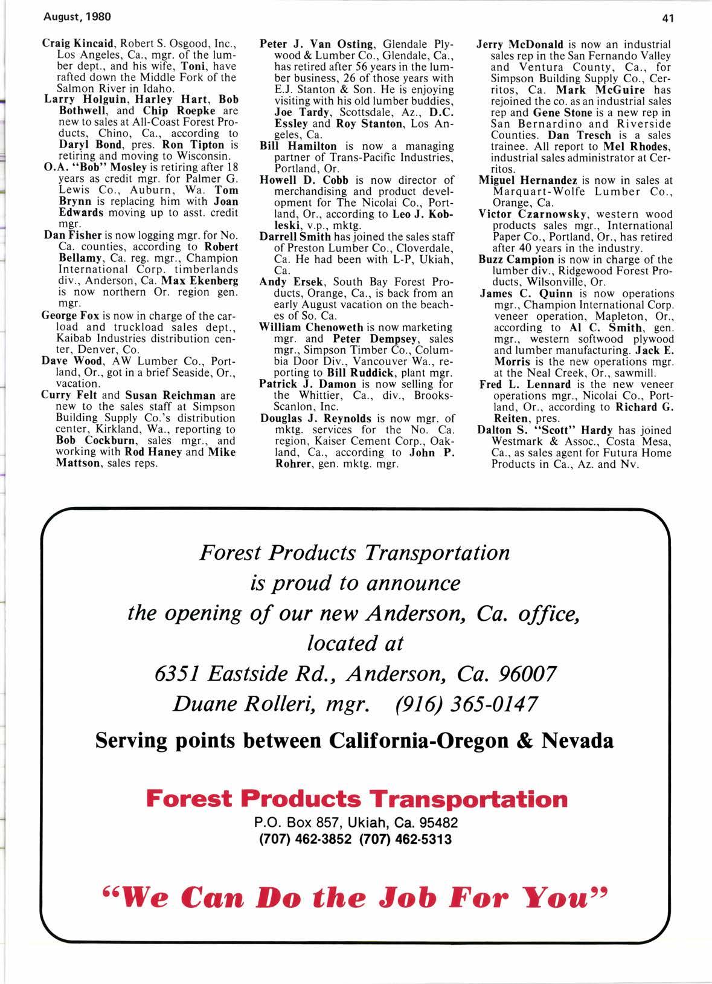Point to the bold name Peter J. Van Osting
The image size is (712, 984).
click(316, 44)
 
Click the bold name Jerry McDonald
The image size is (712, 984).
click(520, 44)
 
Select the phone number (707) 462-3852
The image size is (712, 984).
click(300, 839)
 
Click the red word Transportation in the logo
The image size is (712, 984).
click(469, 799)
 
